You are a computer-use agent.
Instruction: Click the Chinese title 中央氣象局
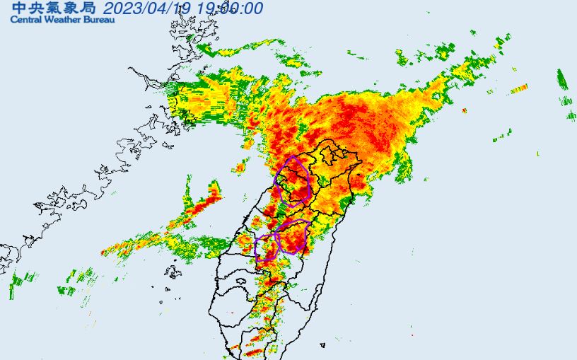pos(52,8)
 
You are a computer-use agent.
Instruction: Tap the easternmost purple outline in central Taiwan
pos(293,236)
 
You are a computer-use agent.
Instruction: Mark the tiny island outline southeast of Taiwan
pos(322,345)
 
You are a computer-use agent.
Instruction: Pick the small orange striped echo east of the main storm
pos(520,88)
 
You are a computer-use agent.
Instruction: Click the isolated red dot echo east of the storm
pos(464,110)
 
